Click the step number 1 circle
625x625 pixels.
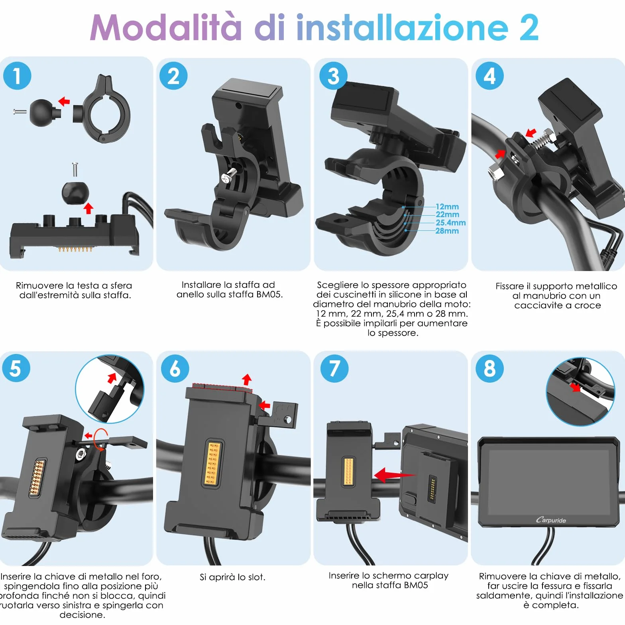tap(17, 76)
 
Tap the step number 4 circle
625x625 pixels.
tap(489, 76)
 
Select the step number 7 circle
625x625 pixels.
tap(334, 369)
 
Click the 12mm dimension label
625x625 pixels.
tap(447, 206)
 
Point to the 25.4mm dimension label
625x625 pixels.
tap(451, 222)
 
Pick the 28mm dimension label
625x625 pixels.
tap(447, 231)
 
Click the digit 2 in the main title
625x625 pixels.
tap(529, 28)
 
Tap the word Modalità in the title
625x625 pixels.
tap(166, 27)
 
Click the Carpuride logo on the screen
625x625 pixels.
tap(551, 520)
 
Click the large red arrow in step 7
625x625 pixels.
tap(395, 475)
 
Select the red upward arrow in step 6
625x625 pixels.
tap(247, 379)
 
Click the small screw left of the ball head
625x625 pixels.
tap(20, 112)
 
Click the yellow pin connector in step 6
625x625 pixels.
tap(212, 463)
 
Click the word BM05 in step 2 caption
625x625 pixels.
tap(269, 295)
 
